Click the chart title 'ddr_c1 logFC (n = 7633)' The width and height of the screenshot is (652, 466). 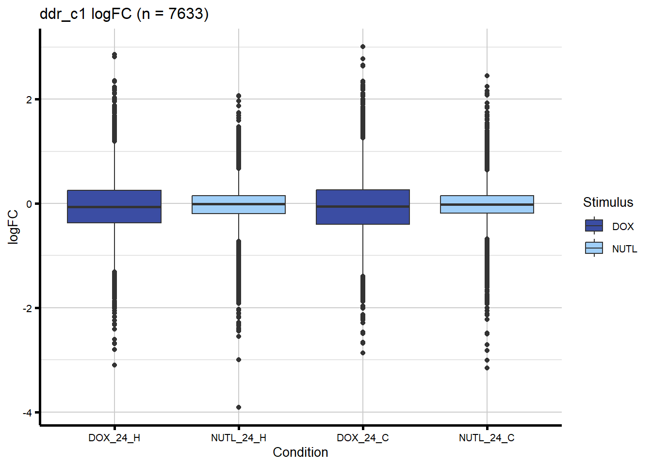click(x=124, y=14)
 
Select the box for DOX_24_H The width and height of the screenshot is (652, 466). click(x=114, y=206)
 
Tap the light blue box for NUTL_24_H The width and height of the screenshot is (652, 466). click(x=239, y=204)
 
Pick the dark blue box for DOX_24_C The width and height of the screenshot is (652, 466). click(x=363, y=207)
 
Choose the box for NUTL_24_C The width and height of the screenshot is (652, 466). click(x=487, y=204)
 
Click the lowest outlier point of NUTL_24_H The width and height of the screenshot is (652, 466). click(x=239, y=407)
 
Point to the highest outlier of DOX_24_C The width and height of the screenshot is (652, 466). click(x=363, y=47)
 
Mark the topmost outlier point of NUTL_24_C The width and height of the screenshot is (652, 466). click(x=487, y=76)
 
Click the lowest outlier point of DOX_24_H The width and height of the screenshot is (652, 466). click(x=114, y=365)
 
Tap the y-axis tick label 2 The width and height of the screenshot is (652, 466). click(x=29, y=100)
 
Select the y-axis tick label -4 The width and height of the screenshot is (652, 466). click(x=27, y=413)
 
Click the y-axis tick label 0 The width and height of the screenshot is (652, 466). click(x=29, y=204)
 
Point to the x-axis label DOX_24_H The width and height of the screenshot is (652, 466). click(x=114, y=438)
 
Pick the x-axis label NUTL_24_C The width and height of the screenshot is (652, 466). click(x=487, y=438)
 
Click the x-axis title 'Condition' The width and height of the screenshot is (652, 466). click(x=300, y=452)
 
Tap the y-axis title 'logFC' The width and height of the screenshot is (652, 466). click(x=13, y=227)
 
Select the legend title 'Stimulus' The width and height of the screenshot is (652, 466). click(x=608, y=202)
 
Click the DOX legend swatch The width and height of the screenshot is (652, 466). click(x=594, y=226)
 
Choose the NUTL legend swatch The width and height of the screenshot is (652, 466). click(x=594, y=248)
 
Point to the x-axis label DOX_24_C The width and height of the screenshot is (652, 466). click(x=363, y=438)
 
